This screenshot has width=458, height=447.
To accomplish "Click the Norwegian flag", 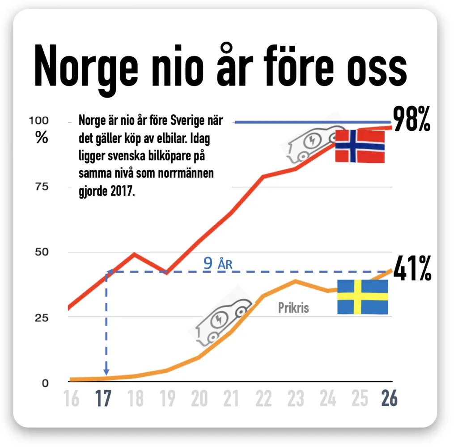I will click(x=360, y=146).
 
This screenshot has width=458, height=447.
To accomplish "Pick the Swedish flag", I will click(x=362, y=297).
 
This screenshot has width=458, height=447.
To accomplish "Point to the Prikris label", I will click(x=293, y=308).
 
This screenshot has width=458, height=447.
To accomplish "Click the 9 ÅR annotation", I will click(x=218, y=263).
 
